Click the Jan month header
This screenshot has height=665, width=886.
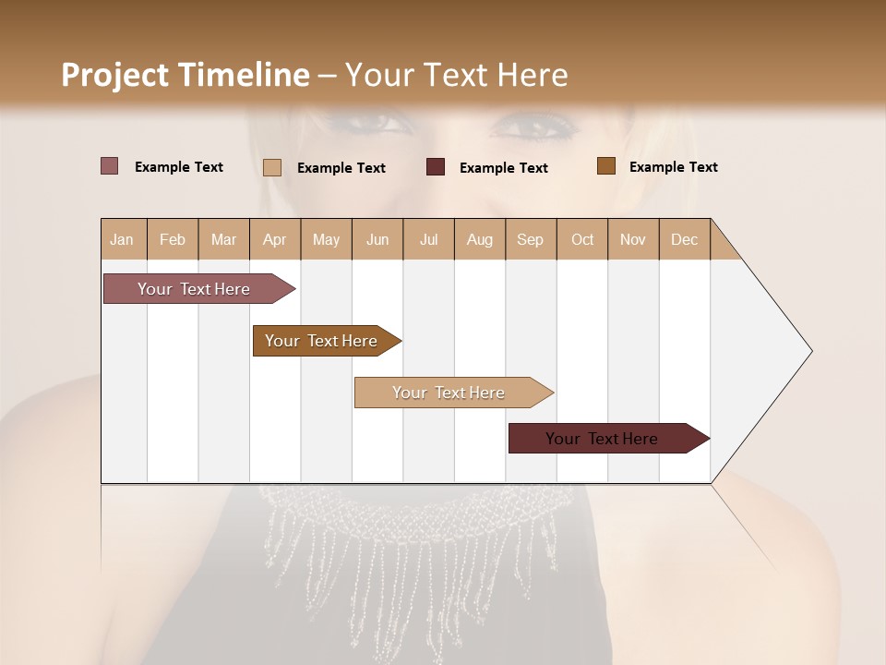(123, 239)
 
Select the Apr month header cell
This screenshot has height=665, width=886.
(275, 239)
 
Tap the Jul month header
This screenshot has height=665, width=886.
(428, 239)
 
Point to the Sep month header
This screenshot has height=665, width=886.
(530, 239)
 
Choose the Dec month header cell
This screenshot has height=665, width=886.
(684, 239)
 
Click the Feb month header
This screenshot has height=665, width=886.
(173, 239)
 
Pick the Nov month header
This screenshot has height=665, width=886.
(632, 239)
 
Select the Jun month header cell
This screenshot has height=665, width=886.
(377, 239)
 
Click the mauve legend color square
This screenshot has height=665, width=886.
(110, 166)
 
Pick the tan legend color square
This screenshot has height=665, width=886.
(272, 167)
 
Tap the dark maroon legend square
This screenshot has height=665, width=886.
(436, 167)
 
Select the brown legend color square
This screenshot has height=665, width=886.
(605, 166)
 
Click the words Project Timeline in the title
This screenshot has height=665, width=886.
(185, 75)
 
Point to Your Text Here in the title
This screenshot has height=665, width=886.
(456, 75)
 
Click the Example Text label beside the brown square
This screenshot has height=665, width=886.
(673, 167)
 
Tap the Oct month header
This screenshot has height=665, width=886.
(582, 239)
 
